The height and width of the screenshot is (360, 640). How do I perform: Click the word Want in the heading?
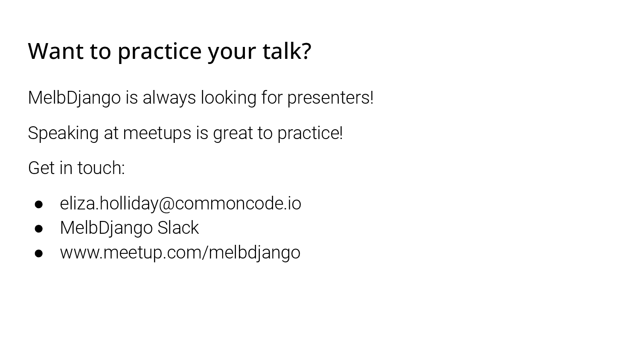[x=56, y=51]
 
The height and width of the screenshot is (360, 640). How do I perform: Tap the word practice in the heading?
[x=160, y=52]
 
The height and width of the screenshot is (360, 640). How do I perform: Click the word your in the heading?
[x=232, y=54]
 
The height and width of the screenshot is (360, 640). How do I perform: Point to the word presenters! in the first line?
[x=330, y=98]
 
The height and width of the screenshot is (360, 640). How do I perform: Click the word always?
[x=169, y=98]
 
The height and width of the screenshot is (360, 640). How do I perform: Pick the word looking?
[x=229, y=98]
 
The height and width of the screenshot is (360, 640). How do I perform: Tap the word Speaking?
[x=64, y=134]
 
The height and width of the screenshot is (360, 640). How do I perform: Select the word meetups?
[x=157, y=134]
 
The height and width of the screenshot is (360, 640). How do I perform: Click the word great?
[x=233, y=134]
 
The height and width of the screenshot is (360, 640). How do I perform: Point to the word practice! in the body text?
[x=310, y=134]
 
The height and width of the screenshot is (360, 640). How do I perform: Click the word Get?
[x=41, y=168]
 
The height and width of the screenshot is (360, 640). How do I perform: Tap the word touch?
[x=101, y=168]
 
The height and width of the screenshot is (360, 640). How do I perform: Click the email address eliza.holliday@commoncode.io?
[x=180, y=203]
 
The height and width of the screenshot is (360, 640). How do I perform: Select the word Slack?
[x=178, y=228]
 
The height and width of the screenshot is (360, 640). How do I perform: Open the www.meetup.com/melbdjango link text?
[x=180, y=253]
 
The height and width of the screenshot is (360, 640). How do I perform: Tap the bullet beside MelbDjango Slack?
[x=38, y=229]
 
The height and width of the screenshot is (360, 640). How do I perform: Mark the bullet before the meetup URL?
[x=38, y=253]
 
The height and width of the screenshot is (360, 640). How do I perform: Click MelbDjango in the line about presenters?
[x=74, y=98]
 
